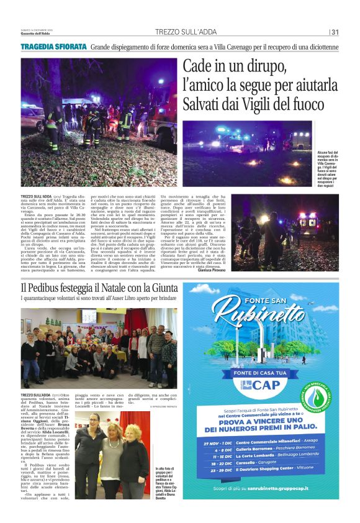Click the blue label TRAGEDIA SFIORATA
(53, 48)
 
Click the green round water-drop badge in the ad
(325, 393)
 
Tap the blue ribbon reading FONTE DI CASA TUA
(260, 372)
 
